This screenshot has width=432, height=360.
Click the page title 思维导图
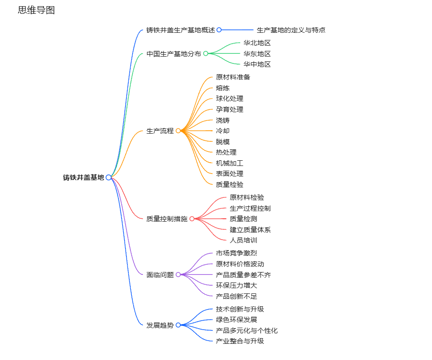click(36, 10)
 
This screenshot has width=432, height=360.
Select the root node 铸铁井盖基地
click(83, 177)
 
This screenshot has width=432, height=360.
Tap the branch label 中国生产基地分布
click(174, 54)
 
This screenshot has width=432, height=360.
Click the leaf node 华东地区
click(257, 54)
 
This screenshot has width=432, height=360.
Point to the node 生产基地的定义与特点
click(291, 30)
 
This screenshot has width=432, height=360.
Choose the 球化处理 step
click(229, 98)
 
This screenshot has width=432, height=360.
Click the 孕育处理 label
click(229, 109)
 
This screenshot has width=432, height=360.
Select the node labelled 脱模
click(223, 142)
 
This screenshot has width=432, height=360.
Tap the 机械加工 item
click(229, 163)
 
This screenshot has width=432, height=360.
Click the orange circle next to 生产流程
click(178, 131)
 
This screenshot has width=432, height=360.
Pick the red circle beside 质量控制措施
click(192, 219)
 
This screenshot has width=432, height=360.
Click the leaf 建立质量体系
click(250, 230)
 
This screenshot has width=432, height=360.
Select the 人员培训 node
click(243, 240)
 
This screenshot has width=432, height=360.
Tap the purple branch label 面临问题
click(160, 275)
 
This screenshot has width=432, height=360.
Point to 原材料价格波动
click(240, 264)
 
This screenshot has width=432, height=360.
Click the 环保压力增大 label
click(236, 285)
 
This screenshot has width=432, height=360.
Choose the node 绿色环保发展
click(236, 320)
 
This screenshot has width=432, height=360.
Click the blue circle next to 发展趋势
click(178, 325)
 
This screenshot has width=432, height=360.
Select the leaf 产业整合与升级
click(240, 341)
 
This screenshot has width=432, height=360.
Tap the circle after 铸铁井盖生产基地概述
click(219, 30)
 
